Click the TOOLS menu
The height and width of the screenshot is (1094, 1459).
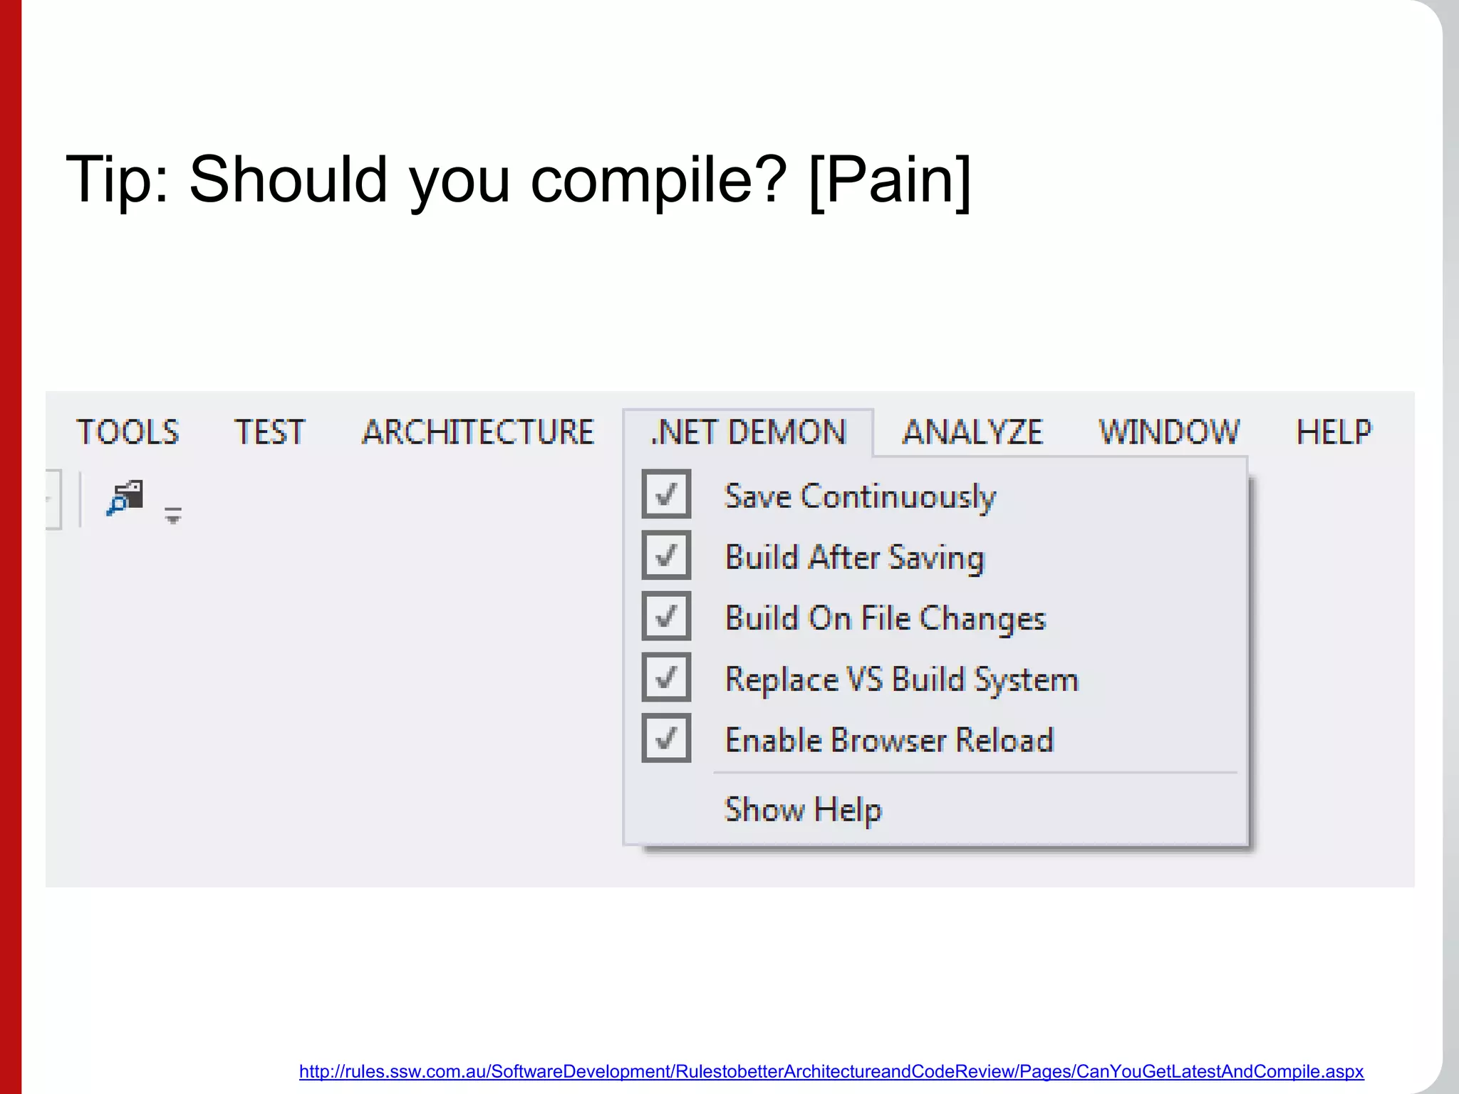pyautogui.click(x=128, y=432)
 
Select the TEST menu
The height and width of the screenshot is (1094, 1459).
pyautogui.click(x=269, y=432)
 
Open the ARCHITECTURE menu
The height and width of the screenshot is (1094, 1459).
pyautogui.click(x=477, y=432)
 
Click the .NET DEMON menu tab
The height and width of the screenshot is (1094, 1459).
pyautogui.click(x=748, y=432)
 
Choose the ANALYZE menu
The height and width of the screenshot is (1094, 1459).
pyautogui.click(x=972, y=432)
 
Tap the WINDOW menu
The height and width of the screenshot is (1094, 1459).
pyautogui.click(x=1169, y=432)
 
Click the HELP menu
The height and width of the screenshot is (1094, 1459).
pyautogui.click(x=1334, y=432)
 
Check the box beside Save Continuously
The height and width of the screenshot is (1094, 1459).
pyautogui.click(x=666, y=494)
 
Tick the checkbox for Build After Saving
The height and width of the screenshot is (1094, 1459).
pyautogui.click(x=666, y=555)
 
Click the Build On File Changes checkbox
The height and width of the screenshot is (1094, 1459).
pyautogui.click(x=666, y=616)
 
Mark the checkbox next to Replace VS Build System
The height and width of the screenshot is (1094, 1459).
pyautogui.click(x=666, y=677)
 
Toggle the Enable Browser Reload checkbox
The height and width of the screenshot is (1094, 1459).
pyautogui.click(x=666, y=738)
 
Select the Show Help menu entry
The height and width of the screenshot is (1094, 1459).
pyautogui.click(x=803, y=810)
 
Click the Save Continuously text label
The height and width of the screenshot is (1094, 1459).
pyautogui.click(x=859, y=496)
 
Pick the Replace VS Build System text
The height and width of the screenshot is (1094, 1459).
pyautogui.click(x=901, y=679)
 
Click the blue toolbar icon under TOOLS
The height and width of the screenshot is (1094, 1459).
pyautogui.click(x=125, y=497)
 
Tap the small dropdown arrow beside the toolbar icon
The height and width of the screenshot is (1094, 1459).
pyautogui.click(x=172, y=516)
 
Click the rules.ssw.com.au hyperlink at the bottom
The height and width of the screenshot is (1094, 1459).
pyautogui.click(x=831, y=1071)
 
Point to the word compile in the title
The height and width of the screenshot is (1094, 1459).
pyautogui.click(x=658, y=179)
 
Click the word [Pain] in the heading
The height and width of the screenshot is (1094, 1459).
pyautogui.click(x=890, y=179)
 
